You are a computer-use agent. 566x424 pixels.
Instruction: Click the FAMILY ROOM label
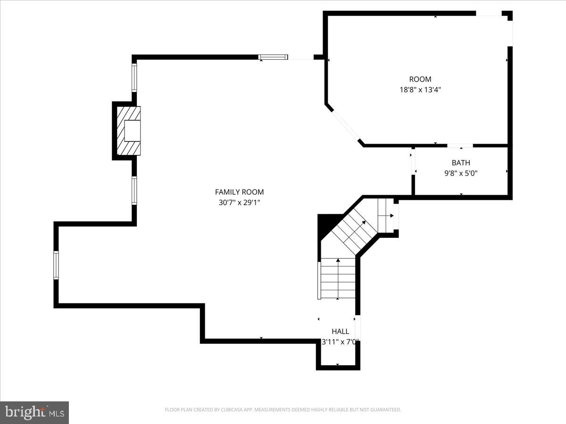239,192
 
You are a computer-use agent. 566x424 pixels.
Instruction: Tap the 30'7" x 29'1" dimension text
239,203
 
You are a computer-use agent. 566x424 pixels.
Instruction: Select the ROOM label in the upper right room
420,79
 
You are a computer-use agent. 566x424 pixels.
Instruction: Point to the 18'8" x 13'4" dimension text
420,90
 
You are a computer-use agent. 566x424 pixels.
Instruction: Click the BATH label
461,163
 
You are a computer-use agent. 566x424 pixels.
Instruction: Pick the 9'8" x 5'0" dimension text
461,173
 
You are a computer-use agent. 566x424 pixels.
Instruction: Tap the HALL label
340,331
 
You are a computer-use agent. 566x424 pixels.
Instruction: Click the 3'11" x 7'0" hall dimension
340,342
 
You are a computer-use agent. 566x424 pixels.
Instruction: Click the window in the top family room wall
273,57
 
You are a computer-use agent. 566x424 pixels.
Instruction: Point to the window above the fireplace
134,78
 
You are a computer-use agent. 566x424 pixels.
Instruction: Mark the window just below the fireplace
134,190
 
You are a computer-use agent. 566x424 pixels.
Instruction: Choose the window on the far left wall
56,265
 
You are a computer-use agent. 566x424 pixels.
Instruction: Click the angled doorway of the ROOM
345,124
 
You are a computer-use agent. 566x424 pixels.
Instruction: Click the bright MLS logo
34,412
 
